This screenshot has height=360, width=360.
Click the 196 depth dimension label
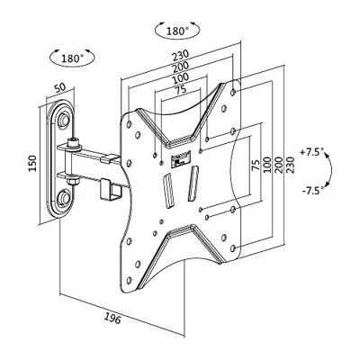coord(112,318)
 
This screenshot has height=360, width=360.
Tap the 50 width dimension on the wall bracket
coord(59,87)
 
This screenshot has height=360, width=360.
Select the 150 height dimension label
coord(32,164)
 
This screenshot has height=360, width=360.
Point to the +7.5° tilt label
coord(312,152)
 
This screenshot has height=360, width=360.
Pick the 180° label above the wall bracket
coord(73,58)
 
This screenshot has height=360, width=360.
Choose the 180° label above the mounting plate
coord(177,31)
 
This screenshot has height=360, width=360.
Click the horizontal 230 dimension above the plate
coord(180,56)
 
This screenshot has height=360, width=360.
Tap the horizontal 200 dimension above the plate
coord(180,67)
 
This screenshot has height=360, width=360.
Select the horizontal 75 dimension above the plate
coord(180,89)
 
